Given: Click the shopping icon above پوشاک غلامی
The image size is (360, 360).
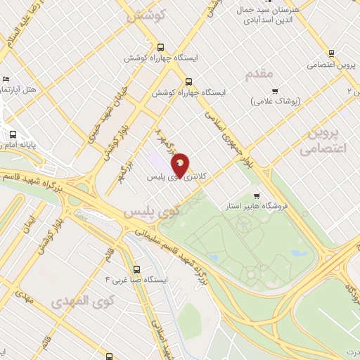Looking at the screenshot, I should point(275,91).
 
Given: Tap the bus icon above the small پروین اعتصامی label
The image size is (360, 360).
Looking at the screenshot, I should point(331,53).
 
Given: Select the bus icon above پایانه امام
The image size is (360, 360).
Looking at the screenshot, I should point(12,135).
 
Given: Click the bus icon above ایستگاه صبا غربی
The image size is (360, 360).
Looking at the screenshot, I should point(136,268).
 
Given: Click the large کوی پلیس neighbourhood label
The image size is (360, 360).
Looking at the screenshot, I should point(148,211).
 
